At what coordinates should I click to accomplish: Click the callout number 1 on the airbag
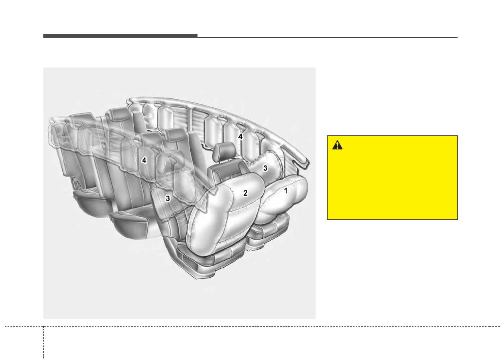tap(285, 191)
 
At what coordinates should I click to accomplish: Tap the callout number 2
tap(245, 193)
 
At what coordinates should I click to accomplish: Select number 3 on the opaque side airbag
tap(265, 168)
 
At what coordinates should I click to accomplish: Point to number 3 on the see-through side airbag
tap(168, 198)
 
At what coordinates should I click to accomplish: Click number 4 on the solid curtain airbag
tap(240, 137)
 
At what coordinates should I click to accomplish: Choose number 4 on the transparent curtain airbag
tap(144, 160)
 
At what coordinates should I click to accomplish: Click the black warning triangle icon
tap(337, 145)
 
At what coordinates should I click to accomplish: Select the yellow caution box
tap(392, 178)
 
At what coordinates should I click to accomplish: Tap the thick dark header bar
tap(120, 36)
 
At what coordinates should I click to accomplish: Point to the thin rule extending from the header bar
tap(328, 38)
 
